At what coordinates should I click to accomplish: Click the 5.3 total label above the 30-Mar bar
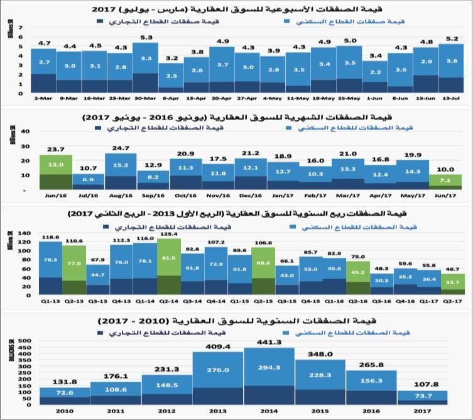pyautogui.click(x=145, y=38)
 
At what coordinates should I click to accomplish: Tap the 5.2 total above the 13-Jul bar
pyautogui.click(x=451, y=39)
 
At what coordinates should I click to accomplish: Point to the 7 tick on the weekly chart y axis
pyautogui.click(x=20, y=28)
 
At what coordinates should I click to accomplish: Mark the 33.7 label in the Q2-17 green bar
pyautogui.click(x=452, y=282)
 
